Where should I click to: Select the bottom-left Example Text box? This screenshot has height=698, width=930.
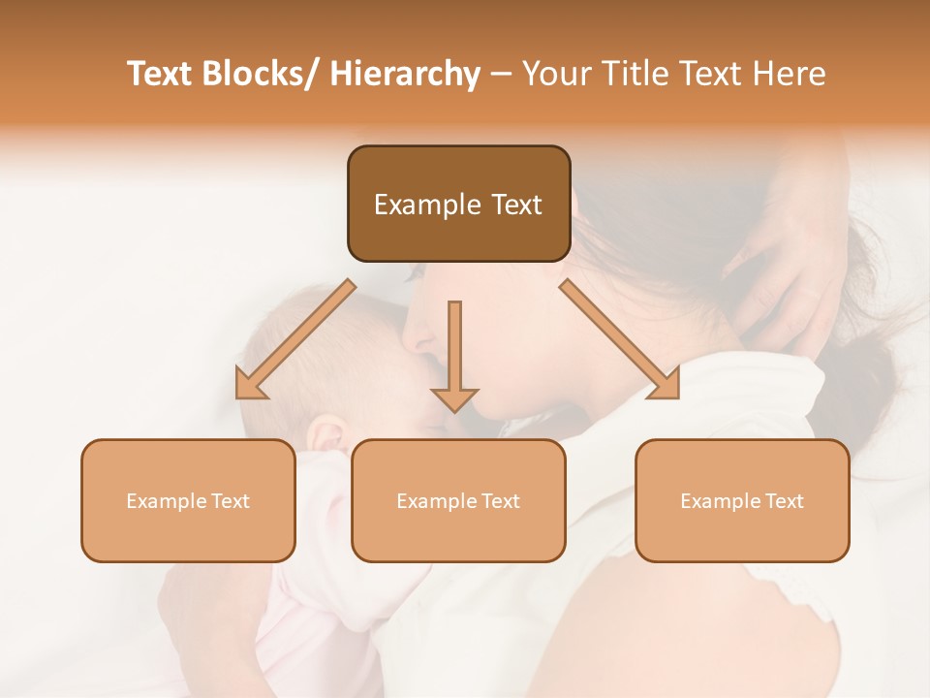click(x=188, y=500)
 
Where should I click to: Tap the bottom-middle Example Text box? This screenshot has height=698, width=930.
click(x=458, y=500)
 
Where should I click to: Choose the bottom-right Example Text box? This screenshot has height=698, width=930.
click(x=742, y=500)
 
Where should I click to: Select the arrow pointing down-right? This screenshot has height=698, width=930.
click(x=620, y=339)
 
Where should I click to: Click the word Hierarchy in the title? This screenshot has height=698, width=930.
click(x=405, y=74)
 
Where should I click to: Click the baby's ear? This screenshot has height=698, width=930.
click(x=326, y=432)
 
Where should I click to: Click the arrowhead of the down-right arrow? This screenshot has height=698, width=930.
click(x=666, y=385)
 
